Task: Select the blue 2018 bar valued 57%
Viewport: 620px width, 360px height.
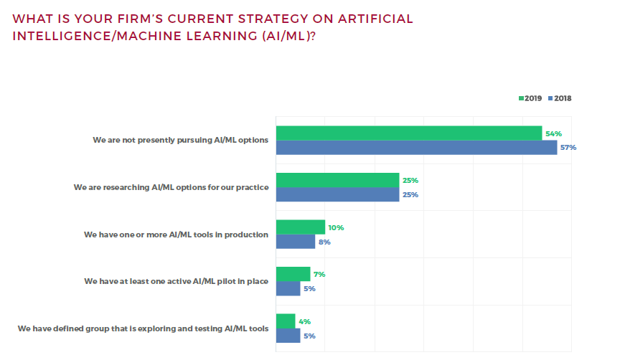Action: [x=416, y=148]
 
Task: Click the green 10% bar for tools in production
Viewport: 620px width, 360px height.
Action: [x=301, y=227]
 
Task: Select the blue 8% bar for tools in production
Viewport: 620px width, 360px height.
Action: [x=296, y=242]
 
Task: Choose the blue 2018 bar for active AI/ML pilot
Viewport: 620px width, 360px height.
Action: [x=288, y=288]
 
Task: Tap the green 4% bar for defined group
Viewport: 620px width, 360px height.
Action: [x=286, y=321]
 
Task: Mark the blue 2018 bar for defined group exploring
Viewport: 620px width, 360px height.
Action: [x=288, y=336]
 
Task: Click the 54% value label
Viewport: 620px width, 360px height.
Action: [x=553, y=134]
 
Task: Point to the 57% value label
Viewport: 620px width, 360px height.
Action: [x=568, y=148]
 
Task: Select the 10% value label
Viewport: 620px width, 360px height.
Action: [x=337, y=228]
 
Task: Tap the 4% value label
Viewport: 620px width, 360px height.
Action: [x=305, y=322]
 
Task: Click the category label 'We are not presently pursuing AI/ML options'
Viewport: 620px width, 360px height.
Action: [x=180, y=141]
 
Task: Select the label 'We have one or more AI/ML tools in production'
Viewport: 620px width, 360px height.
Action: [x=176, y=235]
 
